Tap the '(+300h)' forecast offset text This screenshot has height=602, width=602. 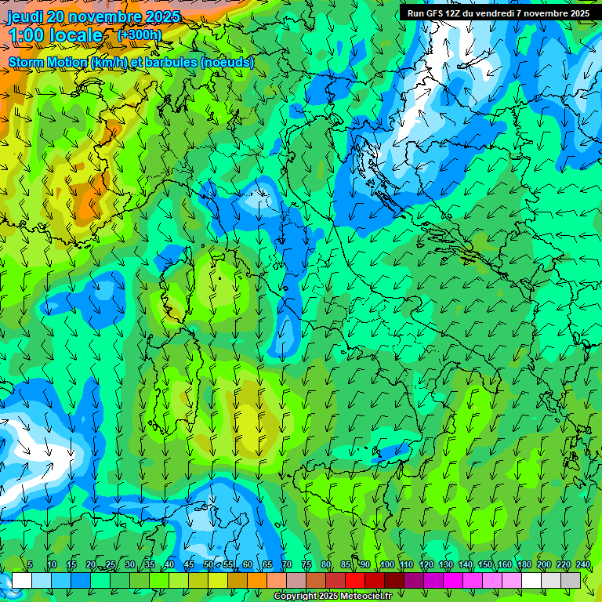[140, 34]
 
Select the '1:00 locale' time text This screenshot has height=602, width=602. [55, 35]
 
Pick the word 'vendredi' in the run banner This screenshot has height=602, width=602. [498, 13]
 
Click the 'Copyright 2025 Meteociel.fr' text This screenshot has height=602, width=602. [333, 597]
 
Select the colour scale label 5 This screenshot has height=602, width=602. [30, 565]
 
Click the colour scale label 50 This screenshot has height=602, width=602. [209, 565]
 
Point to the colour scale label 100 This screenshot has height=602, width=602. [387, 565]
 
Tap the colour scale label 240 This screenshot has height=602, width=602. [583, 565]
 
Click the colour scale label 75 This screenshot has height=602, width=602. [306, 565]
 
